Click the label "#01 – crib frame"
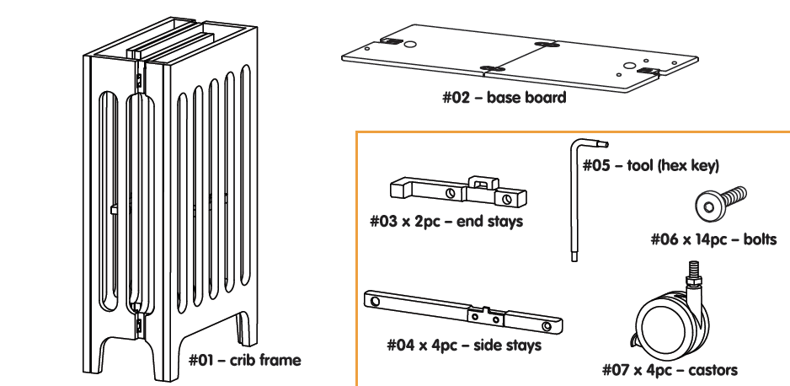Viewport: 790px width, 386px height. point(244,361)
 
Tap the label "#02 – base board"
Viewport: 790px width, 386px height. point(504,97)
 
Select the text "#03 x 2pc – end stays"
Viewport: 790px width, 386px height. point(446,222)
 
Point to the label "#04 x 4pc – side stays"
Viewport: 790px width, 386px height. point(463,345)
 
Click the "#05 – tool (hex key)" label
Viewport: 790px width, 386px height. point(651,165)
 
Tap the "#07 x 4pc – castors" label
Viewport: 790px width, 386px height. point(670,369)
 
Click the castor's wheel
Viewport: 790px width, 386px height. point(665,324)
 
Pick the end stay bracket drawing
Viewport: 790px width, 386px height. point(458,191)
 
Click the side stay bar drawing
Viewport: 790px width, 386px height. point(463,313)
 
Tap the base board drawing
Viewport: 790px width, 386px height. point(520,59)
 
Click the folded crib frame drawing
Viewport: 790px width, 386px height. point(168,194)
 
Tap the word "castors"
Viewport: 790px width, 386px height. point(713,369)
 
